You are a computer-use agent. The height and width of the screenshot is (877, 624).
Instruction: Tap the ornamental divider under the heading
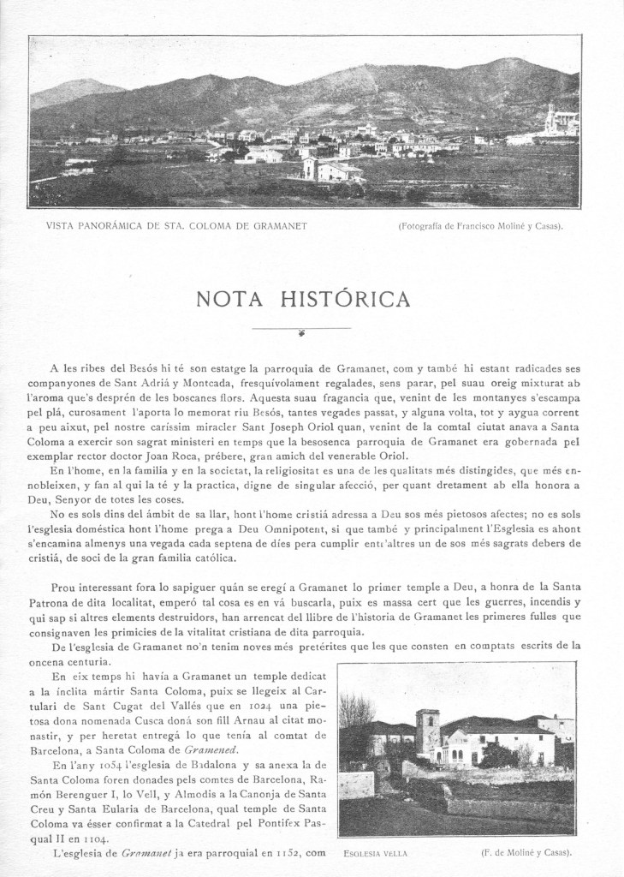tap(301, 330)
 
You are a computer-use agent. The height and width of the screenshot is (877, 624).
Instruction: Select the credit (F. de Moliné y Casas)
tap(526, 854)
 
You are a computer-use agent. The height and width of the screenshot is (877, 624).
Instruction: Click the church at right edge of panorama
tap(561, 122)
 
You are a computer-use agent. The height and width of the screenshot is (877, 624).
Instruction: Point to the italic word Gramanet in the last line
tap(140, 853)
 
